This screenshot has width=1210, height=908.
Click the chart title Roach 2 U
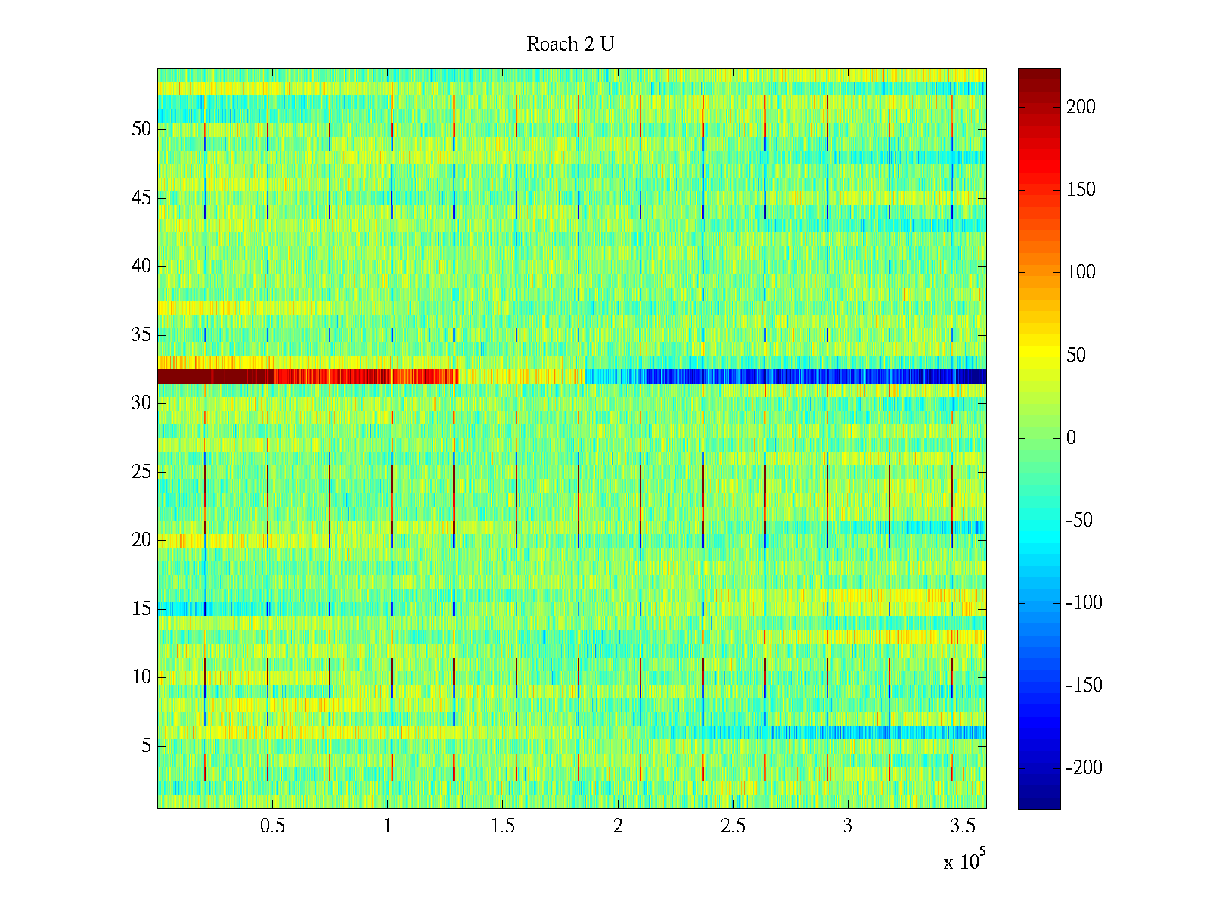coord(570,45)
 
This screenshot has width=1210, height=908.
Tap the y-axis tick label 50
coord(141,129)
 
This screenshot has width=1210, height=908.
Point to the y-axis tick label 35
coord(141,335)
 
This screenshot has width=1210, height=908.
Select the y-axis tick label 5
coord(146,746)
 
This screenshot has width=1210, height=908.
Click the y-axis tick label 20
coord(141,540)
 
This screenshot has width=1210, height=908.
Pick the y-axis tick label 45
coord(141,198)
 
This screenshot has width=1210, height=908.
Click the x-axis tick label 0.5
coord(272,826)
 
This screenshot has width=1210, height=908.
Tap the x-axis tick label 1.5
coord(503,826)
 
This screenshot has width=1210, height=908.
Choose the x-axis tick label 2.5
coord(733,826)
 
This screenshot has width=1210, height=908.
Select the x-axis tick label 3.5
coord(963,826)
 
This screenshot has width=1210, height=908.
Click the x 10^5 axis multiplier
coord(964,861)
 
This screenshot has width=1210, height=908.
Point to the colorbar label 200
coord(1081,107)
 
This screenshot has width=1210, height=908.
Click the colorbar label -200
coord(1084,768)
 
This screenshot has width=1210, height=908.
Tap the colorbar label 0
coord(1071,438)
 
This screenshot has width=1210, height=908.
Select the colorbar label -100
coord(1084,603)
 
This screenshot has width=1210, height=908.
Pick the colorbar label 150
coord(1081,190)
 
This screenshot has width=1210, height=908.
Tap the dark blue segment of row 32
coord(870,376)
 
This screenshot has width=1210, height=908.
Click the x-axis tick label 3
coord(848,826)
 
